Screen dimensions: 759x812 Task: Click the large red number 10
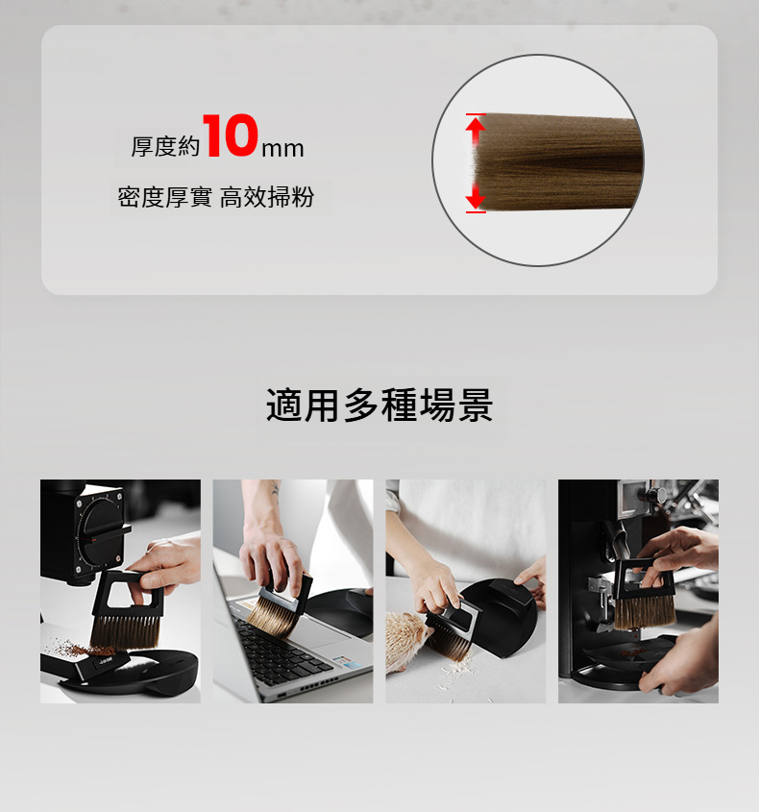[x=231, y=135]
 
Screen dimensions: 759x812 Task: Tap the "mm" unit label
[x=282, y=149]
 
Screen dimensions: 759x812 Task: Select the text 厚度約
[x=165, y=147]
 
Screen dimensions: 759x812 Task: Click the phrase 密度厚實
[x=164, y=197]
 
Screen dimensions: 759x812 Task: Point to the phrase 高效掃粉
[x=267, y=197]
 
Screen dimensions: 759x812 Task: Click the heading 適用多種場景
[x=379, y=405]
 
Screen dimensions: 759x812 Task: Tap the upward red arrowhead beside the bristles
[x=476, y=125]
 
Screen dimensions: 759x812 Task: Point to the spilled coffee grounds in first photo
[x=78, y=649]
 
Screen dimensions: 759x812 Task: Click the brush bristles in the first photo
[x=125, y=632]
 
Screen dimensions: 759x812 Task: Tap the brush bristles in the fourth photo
[x=645, y=611]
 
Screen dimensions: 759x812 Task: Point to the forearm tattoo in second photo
[x=275, y=489]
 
